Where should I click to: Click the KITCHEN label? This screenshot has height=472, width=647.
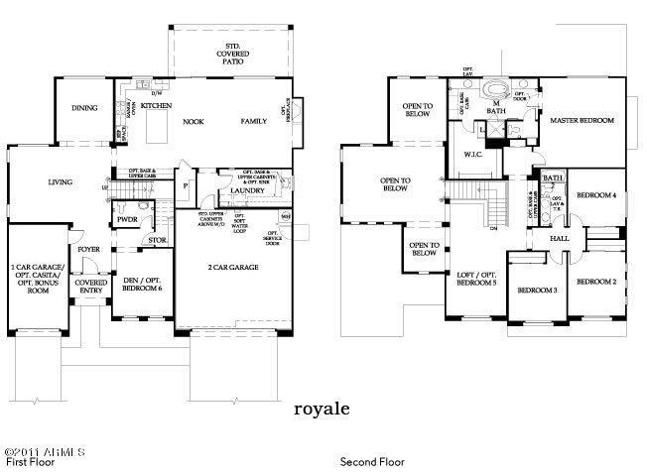[x=156, y=105]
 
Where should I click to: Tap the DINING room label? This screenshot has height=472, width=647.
[x=84, y=109]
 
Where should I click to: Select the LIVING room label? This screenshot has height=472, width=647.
[x=65, y=181]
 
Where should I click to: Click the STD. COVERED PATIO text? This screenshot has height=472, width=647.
[x=229, y=53]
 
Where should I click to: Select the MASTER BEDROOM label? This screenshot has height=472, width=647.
[x=582, y=121]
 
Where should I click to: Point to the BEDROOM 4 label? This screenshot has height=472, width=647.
[x=596, y=195]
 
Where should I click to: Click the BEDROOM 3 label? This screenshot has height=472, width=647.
[x=536, y=290]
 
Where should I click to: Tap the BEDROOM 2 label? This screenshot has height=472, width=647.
[x=596, y=282]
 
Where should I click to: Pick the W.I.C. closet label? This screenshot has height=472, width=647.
[x=472, y=155]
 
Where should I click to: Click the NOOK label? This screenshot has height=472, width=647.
[x=193, y=121]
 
